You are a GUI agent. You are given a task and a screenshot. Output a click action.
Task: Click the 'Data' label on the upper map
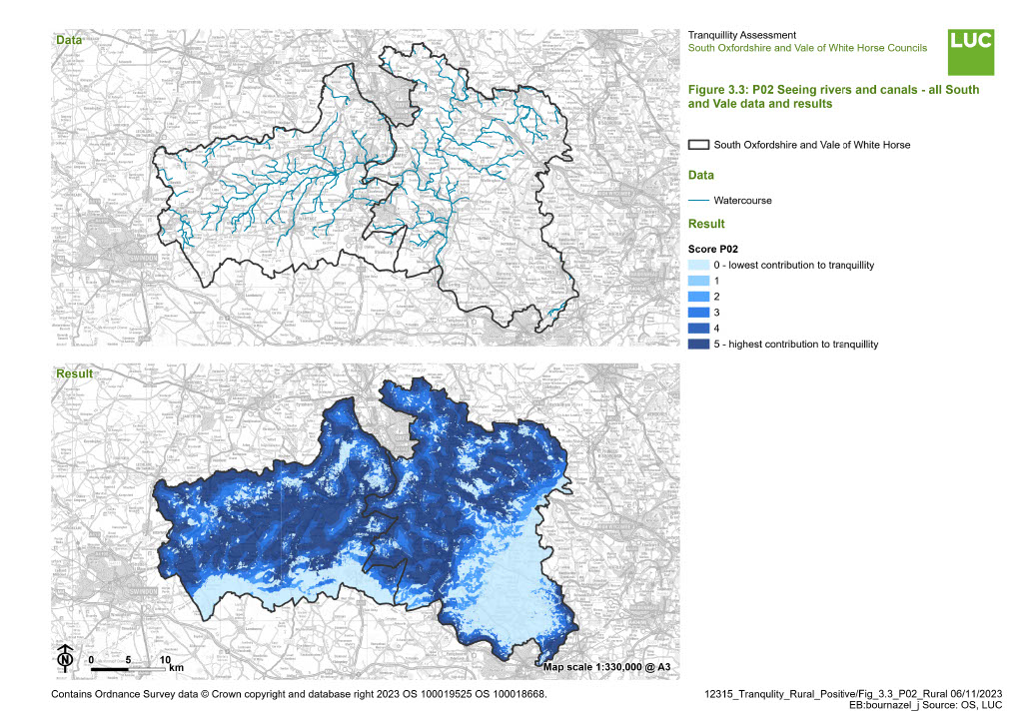69,41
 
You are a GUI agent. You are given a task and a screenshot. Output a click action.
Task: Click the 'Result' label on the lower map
74,373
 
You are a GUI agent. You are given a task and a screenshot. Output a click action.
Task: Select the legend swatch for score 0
698,265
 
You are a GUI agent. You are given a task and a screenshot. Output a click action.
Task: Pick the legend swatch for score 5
698,344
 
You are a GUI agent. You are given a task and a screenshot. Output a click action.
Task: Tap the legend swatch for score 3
698,313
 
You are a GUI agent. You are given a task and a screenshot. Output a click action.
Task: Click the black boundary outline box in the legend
698,145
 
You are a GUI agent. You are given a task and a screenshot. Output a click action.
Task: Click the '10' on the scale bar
165,659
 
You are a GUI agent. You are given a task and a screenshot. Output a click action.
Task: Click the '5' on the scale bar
128,659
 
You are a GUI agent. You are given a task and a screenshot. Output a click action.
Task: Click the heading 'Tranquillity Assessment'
742,36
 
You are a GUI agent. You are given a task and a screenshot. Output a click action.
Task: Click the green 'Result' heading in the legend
706,224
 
